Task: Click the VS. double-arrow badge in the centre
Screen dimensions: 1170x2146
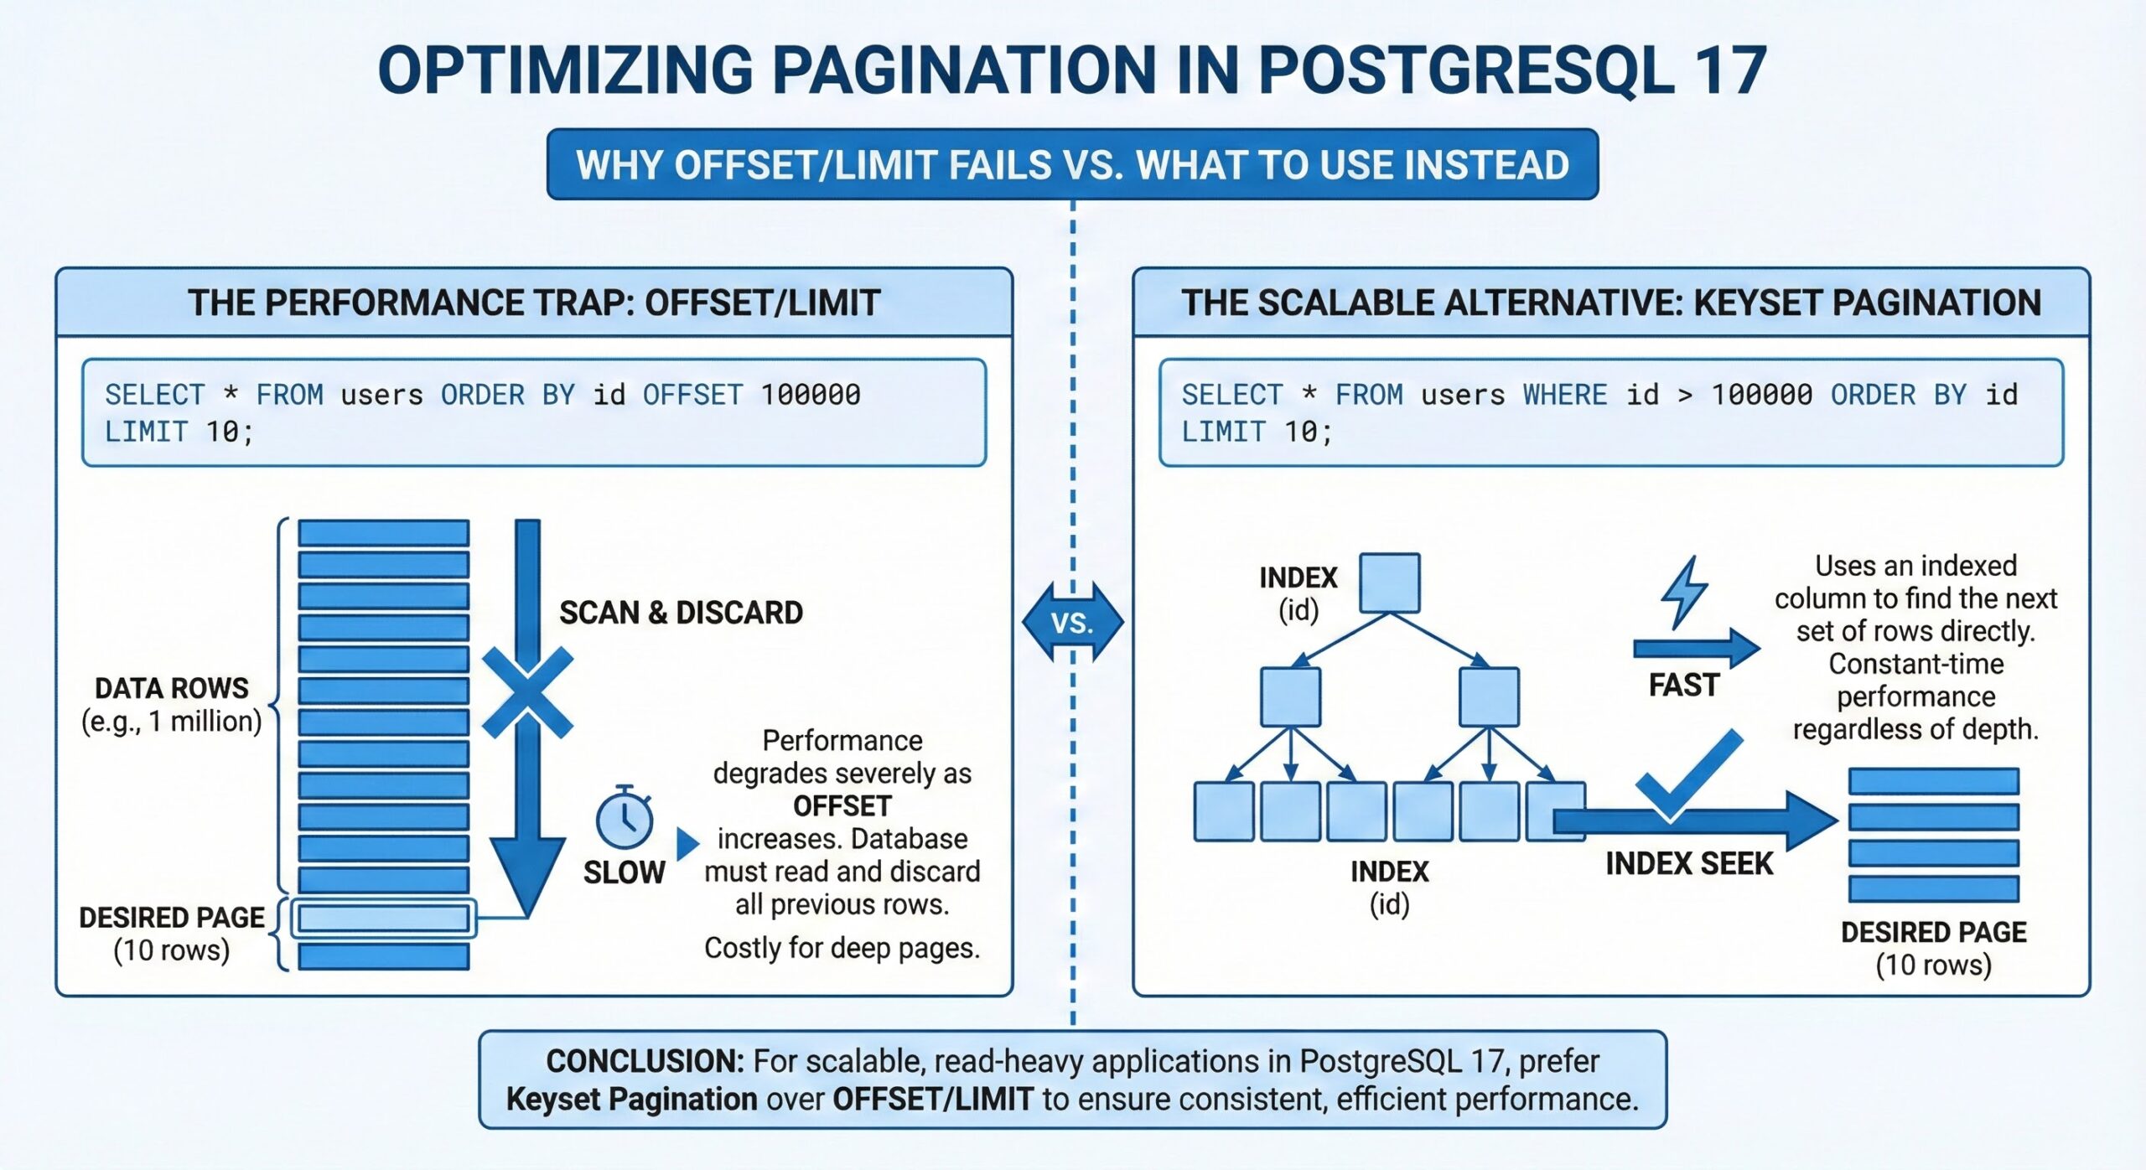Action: [1072, 623]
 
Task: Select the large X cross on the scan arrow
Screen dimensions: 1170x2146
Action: [527, 693]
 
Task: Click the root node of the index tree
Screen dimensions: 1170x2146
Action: [1389, 583]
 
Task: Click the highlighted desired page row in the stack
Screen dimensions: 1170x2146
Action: [384, 918]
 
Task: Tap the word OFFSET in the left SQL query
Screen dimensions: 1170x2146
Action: [692, 395]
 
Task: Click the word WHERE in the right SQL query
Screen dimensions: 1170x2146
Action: [1564, 395]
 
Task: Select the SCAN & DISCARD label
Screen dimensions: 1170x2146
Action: [681, 613]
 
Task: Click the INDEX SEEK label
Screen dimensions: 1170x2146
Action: [1689, 863]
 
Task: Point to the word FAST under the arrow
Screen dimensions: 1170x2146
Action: [1683, 685]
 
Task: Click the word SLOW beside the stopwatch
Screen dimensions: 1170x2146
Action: [625, 872]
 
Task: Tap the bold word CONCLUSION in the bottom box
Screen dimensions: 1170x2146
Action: [645, 1061]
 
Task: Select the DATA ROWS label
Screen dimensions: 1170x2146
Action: [172, 688]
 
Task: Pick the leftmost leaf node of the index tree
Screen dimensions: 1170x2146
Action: [1224, 810]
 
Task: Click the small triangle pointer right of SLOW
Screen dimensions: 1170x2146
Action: [687, 843]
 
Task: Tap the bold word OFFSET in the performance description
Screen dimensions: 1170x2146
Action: [842, 805]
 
